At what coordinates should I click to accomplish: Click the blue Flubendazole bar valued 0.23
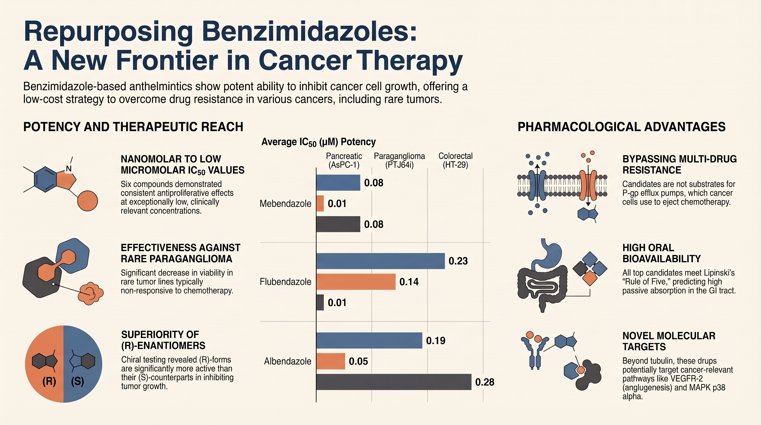380,261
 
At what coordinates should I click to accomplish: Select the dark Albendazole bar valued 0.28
394,382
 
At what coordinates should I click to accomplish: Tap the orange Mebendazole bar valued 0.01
320,203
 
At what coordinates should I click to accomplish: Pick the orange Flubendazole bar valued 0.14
356,282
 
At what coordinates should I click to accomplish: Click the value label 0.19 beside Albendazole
436,341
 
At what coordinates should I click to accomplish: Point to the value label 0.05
358,361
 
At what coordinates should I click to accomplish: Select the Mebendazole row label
285,204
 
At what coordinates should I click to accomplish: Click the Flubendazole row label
285,282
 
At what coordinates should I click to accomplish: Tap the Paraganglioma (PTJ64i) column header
399,160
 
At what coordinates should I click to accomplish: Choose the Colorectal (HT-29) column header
455,160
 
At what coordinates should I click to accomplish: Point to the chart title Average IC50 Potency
319,142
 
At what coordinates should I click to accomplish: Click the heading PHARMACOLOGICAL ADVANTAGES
622,127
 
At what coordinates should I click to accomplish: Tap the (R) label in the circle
49,381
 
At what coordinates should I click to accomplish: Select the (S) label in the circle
77,381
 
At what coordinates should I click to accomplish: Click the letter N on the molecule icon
69,169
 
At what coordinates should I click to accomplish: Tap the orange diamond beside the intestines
590,278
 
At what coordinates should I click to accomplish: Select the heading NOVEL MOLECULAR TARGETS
669,341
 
